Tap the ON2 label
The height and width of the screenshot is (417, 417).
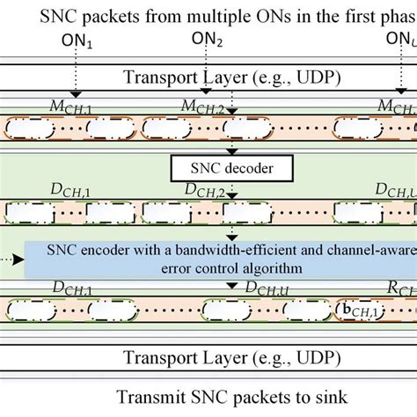(208, 41)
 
